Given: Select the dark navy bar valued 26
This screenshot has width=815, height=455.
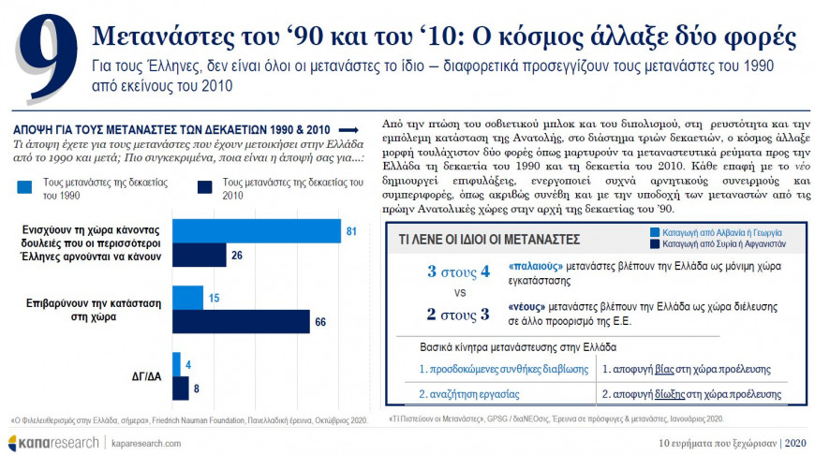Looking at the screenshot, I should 200,255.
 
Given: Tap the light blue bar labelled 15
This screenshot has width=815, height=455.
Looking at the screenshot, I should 187,298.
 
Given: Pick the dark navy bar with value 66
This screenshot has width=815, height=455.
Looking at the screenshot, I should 241,322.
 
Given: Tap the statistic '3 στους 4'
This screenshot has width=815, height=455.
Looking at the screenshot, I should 458,272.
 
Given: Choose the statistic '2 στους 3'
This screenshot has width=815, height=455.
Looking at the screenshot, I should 458,313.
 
